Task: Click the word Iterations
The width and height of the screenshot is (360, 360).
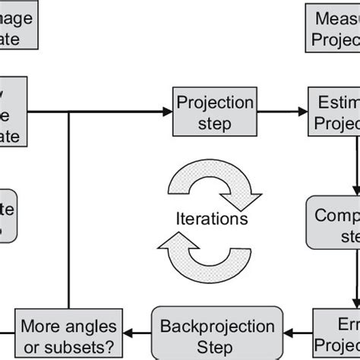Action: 210,219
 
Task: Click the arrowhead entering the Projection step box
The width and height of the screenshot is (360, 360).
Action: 168,112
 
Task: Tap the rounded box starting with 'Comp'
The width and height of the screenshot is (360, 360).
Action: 333,222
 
